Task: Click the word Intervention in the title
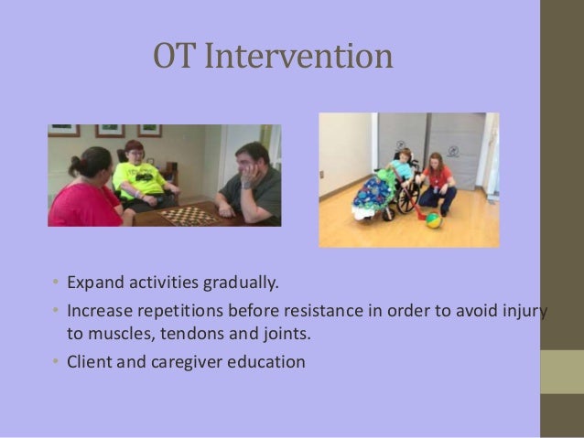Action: coord(298,56)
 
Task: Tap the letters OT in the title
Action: coord(174,56)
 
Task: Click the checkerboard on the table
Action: coord(189,216)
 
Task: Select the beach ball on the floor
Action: coord(434,220)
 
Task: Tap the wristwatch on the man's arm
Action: coord(246,185)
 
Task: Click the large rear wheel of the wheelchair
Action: coord(408,198)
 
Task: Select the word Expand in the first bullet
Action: coord(95,283)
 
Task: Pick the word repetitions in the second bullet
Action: coord(180,311)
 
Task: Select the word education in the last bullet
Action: coord(266,362)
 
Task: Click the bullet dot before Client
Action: coord(56,360)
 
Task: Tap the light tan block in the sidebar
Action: coord(562,372)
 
